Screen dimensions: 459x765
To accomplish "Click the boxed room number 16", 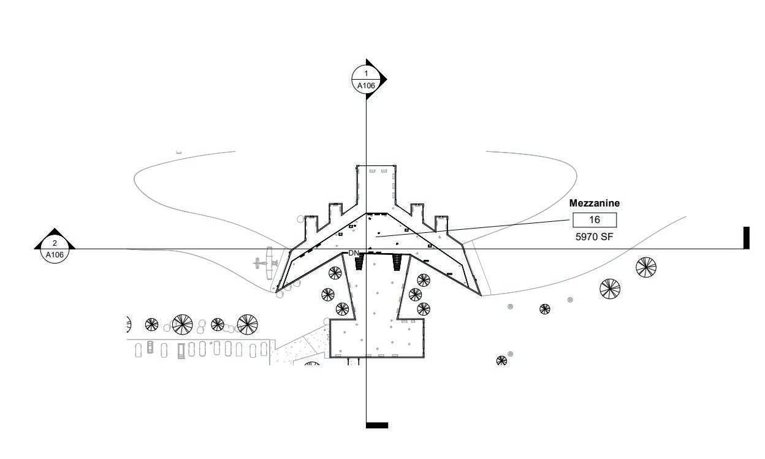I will point(594,220).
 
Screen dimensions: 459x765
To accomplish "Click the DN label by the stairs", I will point(354,253).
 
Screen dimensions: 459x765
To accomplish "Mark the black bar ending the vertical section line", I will point(376,425).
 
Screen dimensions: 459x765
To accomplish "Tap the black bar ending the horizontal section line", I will point(746,238).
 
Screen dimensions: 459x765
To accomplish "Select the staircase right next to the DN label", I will point(360,262).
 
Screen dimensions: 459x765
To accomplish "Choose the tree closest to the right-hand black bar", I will point(645,267).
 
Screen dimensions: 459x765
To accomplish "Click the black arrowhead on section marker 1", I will point(382,78).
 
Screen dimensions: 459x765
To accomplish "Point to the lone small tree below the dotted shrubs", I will point(501,360).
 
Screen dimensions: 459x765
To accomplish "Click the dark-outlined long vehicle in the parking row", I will point(181,351).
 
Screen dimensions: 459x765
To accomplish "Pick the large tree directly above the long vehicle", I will point(182,324).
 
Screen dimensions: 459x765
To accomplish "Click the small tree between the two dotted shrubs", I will point(544,309).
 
